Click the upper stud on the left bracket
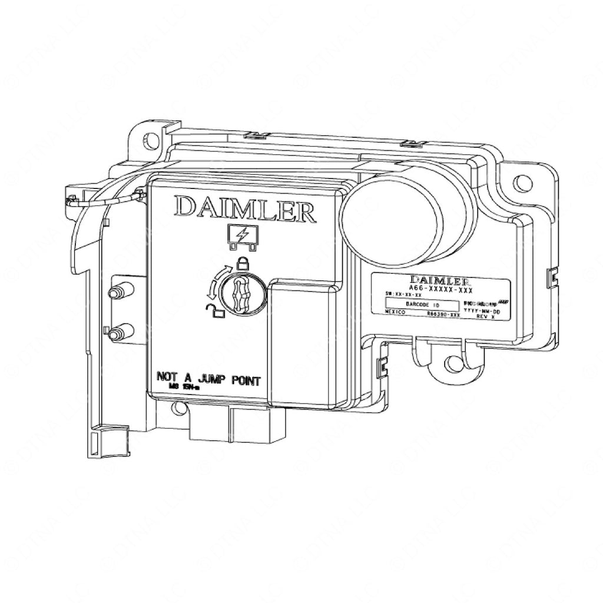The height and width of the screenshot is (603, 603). click(x=117, y=292)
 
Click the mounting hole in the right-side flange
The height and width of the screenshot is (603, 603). click(x=521, y=183)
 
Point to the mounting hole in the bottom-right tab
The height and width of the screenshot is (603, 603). click(x=452, y=363)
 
